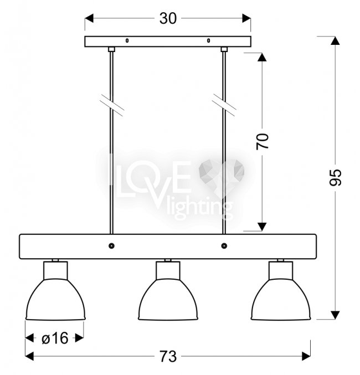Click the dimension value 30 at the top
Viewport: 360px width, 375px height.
coord(168,18)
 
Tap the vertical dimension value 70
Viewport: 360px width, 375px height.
coord(263,142)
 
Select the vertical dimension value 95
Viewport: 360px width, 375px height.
coord(336,177)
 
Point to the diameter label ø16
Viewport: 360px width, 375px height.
coord(55,338)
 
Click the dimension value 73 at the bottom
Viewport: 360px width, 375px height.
coord(168,357)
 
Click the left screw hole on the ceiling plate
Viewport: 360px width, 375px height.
coord(127,40)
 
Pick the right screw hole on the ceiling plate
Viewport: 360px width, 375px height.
coord(209,40)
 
